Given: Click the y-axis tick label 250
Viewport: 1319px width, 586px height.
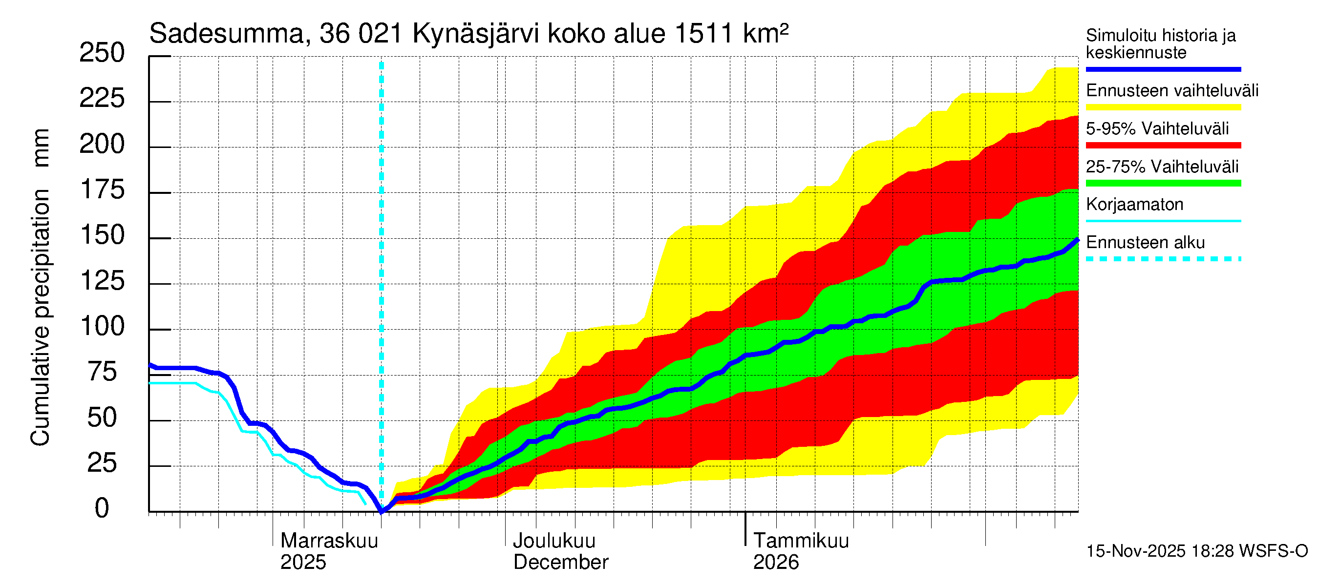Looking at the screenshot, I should (102, 53).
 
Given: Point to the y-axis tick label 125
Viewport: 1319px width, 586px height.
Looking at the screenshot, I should (103, 281).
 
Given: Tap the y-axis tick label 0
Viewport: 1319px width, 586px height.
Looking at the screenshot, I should (102, 508).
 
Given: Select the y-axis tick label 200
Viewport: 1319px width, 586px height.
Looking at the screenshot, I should (102, 145).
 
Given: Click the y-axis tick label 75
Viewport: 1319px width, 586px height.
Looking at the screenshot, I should (103, 372).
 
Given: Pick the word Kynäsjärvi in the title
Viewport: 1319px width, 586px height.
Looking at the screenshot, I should (476, 34).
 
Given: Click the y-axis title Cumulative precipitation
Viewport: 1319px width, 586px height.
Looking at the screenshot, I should (41, 317).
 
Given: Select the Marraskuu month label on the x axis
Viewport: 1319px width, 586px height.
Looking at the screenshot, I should (329, 541).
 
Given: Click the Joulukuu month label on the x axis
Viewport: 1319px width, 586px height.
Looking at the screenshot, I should (554, 541).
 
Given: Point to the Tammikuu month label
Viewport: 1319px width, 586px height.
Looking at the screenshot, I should (801, 541).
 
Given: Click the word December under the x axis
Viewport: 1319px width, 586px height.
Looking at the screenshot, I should (561, 563).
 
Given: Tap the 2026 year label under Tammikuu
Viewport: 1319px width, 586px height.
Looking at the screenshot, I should (776, 563).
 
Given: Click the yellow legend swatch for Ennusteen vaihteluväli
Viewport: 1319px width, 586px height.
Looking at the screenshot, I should (1163, 107).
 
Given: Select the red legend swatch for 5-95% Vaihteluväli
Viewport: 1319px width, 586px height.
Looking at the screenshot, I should (1163, 146).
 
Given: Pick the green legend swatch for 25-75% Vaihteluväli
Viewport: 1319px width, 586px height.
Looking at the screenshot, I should (1163, 183).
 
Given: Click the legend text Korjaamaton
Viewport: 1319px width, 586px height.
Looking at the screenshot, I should (1134, 205).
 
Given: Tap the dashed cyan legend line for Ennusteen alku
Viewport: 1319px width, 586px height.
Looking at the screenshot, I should (1163, 259).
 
